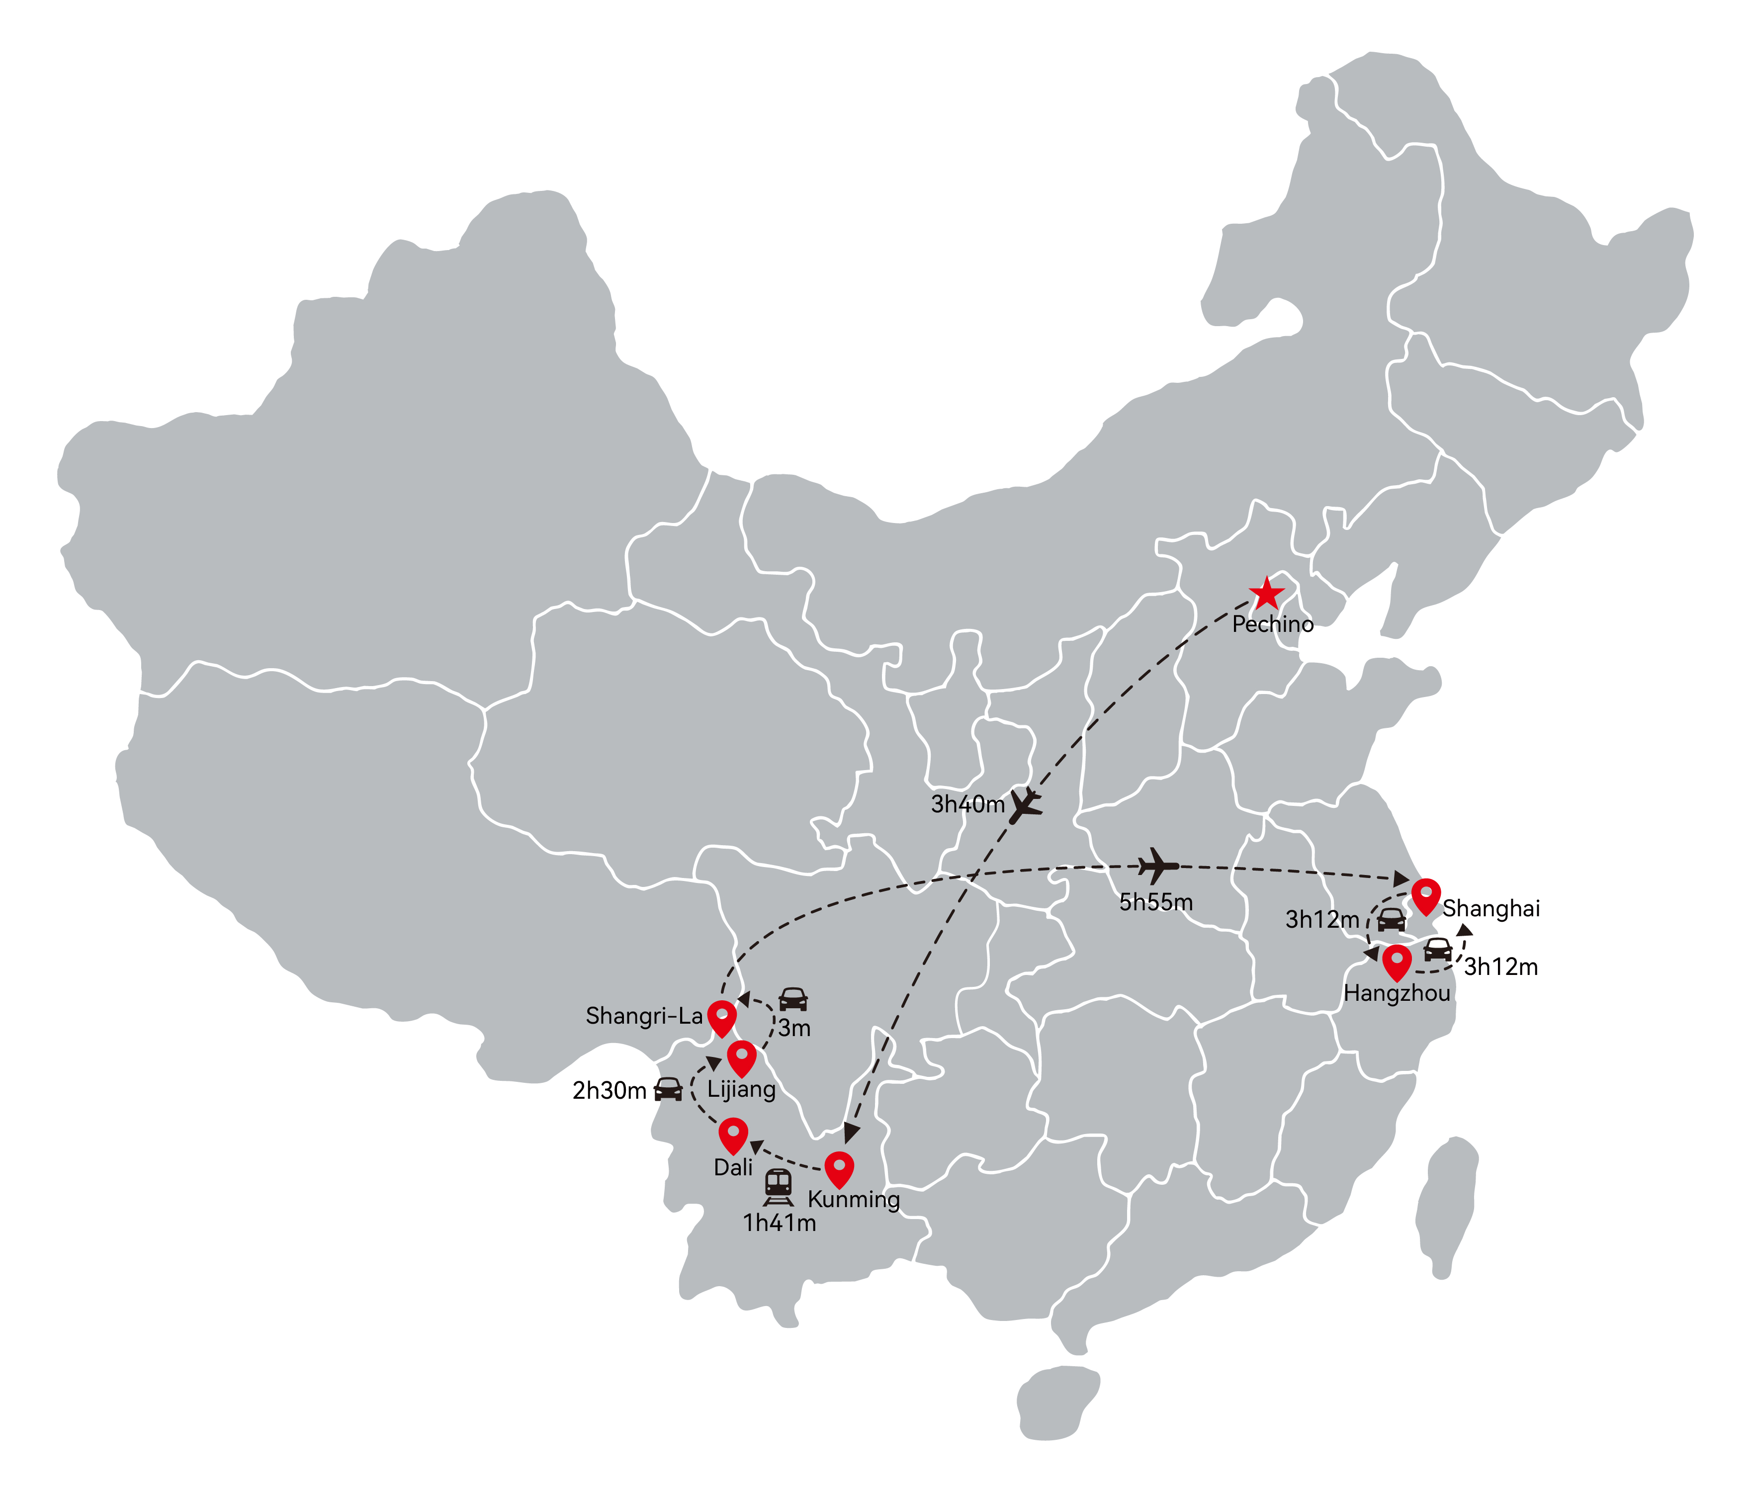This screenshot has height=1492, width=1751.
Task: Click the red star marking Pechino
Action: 1266,594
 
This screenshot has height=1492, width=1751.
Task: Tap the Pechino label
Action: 1273,625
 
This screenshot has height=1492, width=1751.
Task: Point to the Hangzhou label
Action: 1397,993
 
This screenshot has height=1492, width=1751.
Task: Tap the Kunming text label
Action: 854,1200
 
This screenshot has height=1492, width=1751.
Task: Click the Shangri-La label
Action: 644,1016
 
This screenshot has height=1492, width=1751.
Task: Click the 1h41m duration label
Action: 779,1223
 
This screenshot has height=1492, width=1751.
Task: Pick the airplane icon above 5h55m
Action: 1158,866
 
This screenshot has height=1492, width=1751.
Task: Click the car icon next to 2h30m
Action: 669,1089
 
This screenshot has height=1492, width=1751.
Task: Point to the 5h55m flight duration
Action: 1156,903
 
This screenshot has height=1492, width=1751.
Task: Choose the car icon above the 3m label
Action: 792,999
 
